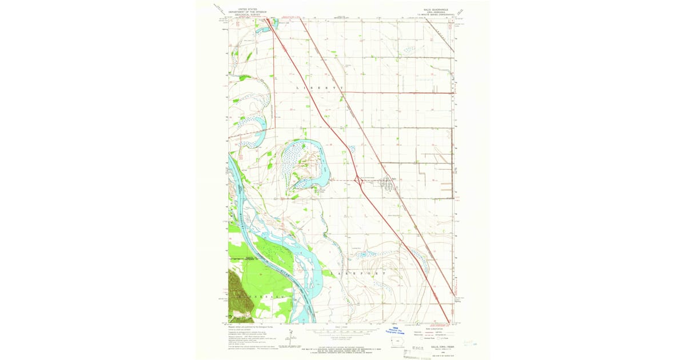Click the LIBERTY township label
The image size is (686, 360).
click(x=320, y=87)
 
